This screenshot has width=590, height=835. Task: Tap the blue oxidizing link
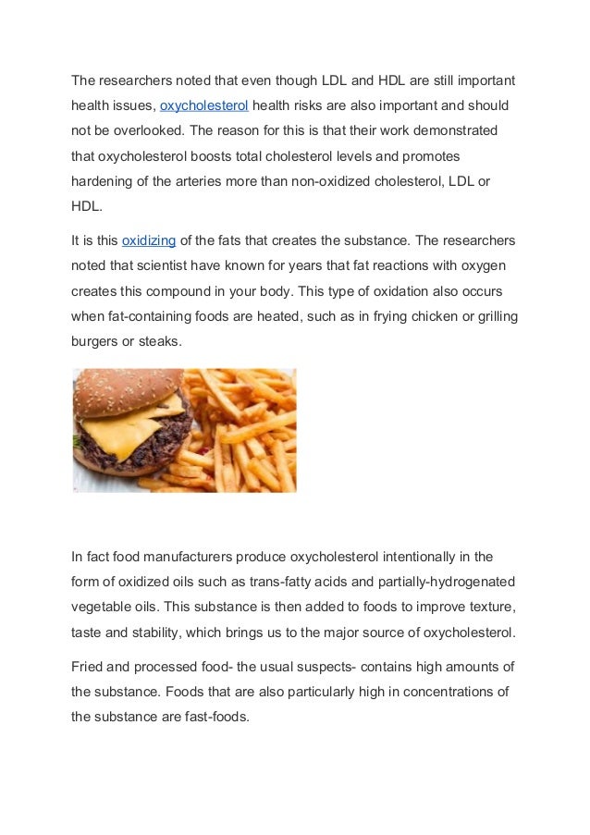point(149,241)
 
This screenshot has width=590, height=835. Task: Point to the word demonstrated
point(455,129)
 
